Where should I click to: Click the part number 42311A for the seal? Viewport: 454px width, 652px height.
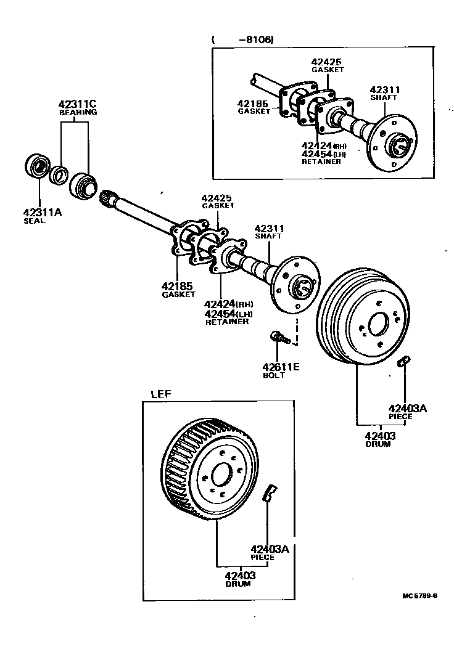click(43, 213)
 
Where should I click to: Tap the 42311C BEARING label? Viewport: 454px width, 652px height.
click(78, 108)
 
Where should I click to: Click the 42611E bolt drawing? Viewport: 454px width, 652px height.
click(278, 337)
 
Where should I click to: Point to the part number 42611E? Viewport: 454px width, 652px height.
click(281, 367)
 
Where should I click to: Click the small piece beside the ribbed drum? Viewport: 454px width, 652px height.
click(403, 361)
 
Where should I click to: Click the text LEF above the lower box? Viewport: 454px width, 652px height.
click(161, 393)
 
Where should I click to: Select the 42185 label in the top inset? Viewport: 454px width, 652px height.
click(253, 104)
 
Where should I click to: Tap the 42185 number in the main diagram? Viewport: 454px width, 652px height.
click(178, 286)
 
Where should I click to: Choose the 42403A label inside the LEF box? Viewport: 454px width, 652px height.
click(270, 549)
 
